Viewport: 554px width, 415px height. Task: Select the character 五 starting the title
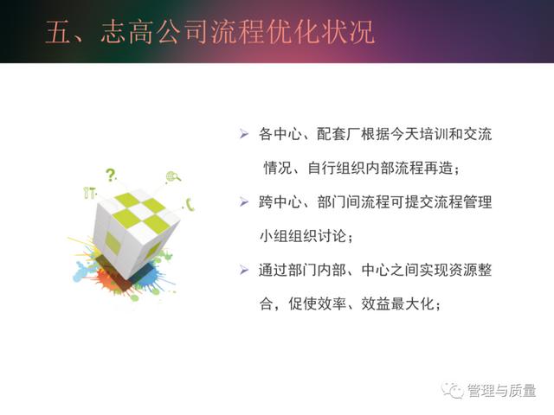click(59, 32)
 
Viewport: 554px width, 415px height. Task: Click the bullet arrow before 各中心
click(244, 134)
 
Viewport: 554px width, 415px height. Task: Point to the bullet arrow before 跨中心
click(244, 201)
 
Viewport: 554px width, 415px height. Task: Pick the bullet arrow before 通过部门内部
click(244, 270)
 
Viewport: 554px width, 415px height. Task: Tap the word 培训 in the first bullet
click(434, 134)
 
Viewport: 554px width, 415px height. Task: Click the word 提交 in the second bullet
click(419, 202)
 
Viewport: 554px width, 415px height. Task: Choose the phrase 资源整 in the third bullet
click(470, 271)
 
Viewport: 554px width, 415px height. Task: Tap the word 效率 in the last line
click(332, 303)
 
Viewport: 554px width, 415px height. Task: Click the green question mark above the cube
click(112, 175)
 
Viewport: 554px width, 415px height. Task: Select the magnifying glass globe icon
click(173, 176)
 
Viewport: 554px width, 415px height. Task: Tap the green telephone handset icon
click(190, 204)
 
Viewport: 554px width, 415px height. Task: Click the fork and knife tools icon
click(89, 193)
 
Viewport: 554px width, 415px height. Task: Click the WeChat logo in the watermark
click(453, 391)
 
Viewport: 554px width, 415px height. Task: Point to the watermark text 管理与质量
click(502, 391)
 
